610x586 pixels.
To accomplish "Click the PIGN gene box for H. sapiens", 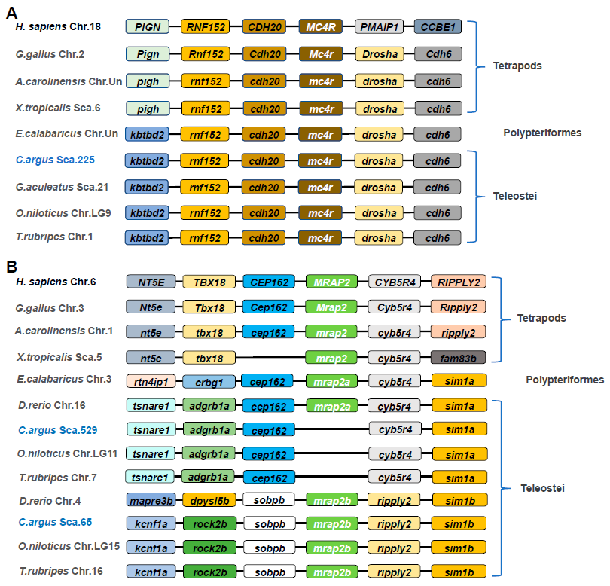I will point(148,27).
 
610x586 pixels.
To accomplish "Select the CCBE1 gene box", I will point(438,27).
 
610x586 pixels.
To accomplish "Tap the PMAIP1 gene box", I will point(378,27).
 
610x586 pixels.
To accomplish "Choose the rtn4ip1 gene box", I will point(148,381).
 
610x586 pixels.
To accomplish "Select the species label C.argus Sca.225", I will point(65,160).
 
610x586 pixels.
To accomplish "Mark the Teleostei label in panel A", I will point(504,197).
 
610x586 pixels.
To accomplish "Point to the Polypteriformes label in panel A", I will point(542,133).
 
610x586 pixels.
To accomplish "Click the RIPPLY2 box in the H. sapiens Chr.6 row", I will point(459,282).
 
